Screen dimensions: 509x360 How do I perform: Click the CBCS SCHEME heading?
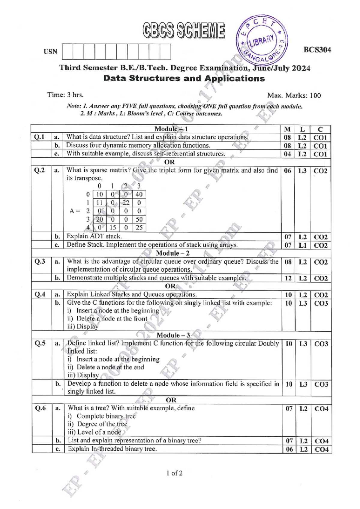pyautogui.click(x=184, y=31)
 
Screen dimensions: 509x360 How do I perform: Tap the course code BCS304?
pyautogui.click(x=317, y=50)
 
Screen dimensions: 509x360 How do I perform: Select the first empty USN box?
pyautogui.click(x=67, y=52)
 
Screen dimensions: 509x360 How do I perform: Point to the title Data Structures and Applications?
pyautogui.click(x=184, y=79)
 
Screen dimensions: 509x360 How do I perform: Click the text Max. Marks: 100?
pyautogui.click(x=294, y=96)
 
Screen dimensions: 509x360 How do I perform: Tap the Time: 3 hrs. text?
pyautogui.click(x=65, y=95)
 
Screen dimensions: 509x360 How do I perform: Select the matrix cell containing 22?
pyautogui.click(x=126, y=203)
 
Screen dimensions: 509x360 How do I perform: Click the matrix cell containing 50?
pyautogui.click(x=139, y=219)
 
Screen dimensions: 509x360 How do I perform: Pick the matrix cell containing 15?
pyautogui.click(x=112, y=228)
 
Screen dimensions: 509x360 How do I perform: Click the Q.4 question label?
pyautogui.click(x=40, y=294)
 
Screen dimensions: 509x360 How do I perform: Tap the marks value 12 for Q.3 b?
pyautogui.click(x=288, y=278)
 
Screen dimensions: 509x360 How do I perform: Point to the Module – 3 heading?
pyautogui.click(x=173, y=335)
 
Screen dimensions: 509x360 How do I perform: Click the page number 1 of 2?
pyautogui.click(x=175, y=473)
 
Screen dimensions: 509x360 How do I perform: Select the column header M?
pyautogui.click(x=287, y=129)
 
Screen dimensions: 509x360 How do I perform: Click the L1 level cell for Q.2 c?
pyautogui.click(x=302, y=245)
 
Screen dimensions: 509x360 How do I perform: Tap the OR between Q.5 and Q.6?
pyautogui.click(x=171, y=400)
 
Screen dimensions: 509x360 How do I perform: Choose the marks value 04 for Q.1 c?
pyautogui.click(x=287, y=154)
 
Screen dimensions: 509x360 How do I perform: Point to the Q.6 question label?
pyautogui.click(x=40, y=408)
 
